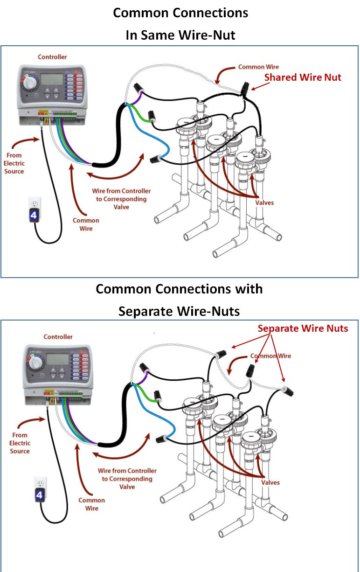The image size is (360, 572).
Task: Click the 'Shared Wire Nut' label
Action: (303, 77)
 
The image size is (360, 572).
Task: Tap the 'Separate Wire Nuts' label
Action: (303, 328)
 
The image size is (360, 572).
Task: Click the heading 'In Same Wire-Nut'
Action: (180, 35)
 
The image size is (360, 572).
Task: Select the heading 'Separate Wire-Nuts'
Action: (179, 311)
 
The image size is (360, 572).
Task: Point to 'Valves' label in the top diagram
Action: (265, 202)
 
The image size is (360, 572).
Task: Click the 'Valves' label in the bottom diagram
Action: (270, 482)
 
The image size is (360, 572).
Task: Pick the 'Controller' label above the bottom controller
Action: (58, 337)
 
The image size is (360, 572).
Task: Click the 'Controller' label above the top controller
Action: (52, 57)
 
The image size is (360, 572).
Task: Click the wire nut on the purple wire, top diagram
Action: (138, 87)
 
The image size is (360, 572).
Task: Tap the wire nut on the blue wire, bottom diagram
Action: (162, 439)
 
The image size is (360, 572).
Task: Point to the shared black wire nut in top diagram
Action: (246, 87)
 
